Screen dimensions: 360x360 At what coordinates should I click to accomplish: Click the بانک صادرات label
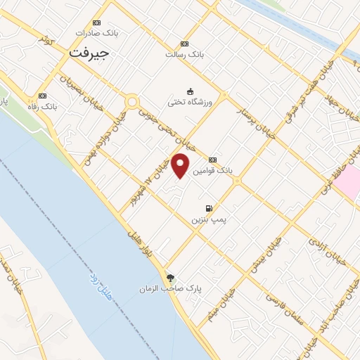pos(96,33)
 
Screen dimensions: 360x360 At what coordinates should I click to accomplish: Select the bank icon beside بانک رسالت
pos(184,44)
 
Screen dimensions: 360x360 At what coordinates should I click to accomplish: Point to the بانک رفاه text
pos(41,105)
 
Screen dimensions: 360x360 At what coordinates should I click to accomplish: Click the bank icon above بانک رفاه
pos(42,95)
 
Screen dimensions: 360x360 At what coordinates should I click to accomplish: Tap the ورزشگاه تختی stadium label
pos(190,101)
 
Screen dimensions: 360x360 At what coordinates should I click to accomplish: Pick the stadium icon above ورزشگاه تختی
pos(190,91)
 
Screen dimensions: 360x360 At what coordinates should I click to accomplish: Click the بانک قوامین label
pos(214,171)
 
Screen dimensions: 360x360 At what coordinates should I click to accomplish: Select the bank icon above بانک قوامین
pos(212,160)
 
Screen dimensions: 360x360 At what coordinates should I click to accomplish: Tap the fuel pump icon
pos(209,208)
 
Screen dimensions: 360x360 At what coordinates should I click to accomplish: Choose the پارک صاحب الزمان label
pos(165,289)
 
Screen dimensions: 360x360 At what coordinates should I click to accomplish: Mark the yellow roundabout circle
pos(131,103)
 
